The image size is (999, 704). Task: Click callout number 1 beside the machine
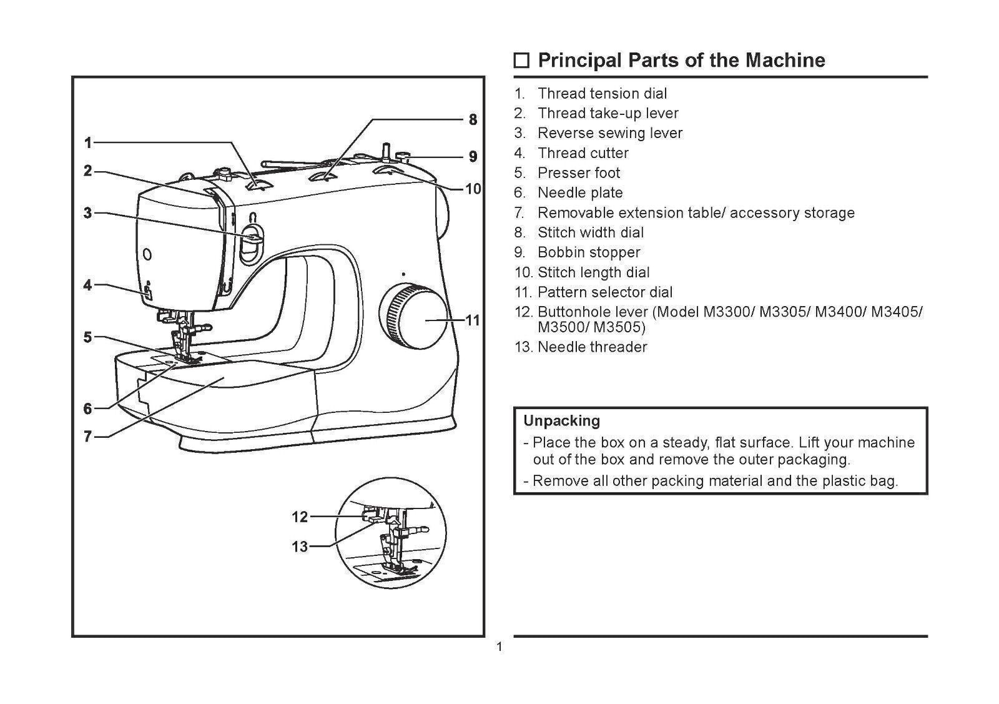tap(88, 143)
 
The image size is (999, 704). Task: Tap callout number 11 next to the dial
tap(473, 320)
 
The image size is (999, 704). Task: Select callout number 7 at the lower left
tap(88, 437)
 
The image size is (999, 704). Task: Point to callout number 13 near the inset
tap(300, 547)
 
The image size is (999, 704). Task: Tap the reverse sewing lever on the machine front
tap(252, 239)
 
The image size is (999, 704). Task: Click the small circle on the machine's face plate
tap(147, 254)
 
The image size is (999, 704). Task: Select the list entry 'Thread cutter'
tap(583, 153)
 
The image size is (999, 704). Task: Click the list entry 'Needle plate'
tap(579, 193)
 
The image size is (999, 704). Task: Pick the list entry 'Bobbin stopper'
tap(588, 252)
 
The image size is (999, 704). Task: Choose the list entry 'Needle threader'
tap(592, 347)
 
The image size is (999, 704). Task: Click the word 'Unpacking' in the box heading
tap(561, 420)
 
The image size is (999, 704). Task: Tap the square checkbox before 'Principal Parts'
tap(521, 61)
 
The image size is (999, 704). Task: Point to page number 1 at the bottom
tap(499, 647)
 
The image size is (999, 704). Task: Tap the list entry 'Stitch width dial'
tap(590, 232)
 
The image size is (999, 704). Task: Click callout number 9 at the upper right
tap(473, 156)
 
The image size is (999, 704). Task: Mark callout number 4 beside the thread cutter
tap(88, 285)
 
